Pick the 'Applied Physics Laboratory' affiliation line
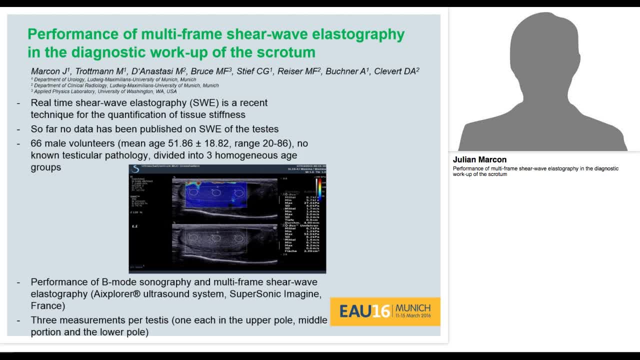[x=105, y=91]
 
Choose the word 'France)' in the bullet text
[x=48, y=306]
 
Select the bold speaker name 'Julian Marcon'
[x=479, y=160]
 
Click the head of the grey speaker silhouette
[x=542, y=50]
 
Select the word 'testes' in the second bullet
[x=265, y=129]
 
